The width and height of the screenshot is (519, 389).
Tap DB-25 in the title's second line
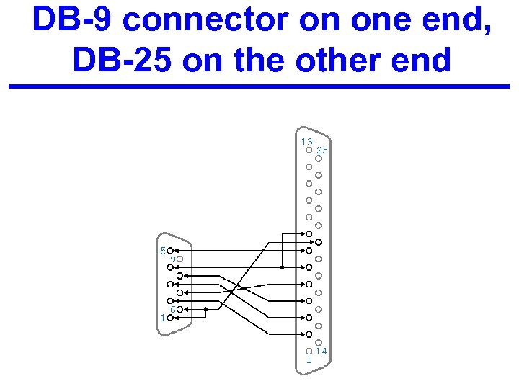click(x=121, y=61)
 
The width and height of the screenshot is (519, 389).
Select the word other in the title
click(x=345, y=61)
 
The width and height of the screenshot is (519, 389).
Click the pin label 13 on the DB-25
click(x=306, y=142)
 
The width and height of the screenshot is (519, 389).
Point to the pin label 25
click(x=322, y=150)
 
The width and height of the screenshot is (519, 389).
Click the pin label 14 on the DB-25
click(x=321, y=351)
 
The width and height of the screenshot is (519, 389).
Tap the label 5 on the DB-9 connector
click(x=163, y=251)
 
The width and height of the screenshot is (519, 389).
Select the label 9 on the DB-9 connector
click(x=173, y=259)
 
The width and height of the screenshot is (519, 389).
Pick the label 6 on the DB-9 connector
click(x=173, y=309)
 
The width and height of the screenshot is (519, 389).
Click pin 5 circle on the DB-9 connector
click(x=171, y=251)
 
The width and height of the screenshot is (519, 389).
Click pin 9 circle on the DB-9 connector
click(x=180, y=259)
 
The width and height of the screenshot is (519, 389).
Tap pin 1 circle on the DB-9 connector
click(x=171, y=317)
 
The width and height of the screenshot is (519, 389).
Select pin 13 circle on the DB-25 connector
click(x=309, y=151)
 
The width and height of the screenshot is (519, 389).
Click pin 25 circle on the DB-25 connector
click(x=319, y=158)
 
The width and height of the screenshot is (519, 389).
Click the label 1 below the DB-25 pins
click(x=309, y=359)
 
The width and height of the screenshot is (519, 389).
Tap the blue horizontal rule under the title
click(x=259, y=86)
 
